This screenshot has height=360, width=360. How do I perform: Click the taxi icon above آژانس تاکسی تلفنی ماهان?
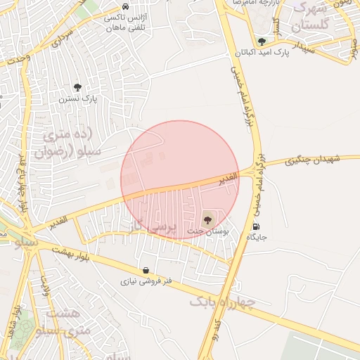(125, 6)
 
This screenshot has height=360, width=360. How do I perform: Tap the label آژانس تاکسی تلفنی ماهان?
(125, 20)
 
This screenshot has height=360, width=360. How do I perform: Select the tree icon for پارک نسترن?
(77, 88)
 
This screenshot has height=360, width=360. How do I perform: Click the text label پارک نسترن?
(82, 99)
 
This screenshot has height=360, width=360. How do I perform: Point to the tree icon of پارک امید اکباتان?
(262, 42)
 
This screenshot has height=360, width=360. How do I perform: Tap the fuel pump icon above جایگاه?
(255, 226)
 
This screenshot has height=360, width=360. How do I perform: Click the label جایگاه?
(256, 238)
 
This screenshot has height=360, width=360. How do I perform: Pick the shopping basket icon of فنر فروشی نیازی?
(146, 270)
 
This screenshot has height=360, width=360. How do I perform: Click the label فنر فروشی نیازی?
(148, 281)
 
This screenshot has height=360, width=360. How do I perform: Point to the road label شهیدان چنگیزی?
(313, 161)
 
